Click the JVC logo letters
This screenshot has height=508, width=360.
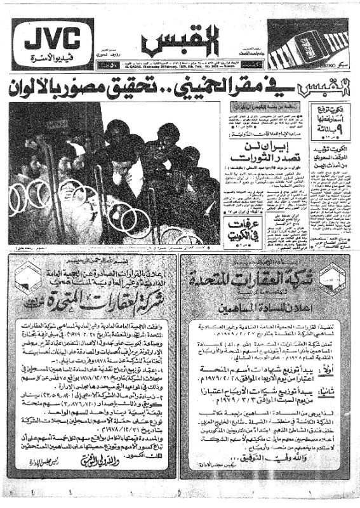pyautogui.click(x=51, y=39)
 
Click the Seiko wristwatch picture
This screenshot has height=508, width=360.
pyautogui.click(x=311, y=43)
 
